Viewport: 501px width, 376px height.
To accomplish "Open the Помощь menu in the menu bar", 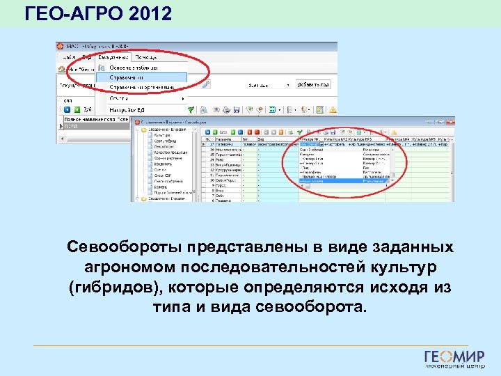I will (147, 57).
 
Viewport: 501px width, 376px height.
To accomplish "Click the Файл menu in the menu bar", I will (70, 57).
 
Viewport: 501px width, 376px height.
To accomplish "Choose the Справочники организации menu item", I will (143, 88).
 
